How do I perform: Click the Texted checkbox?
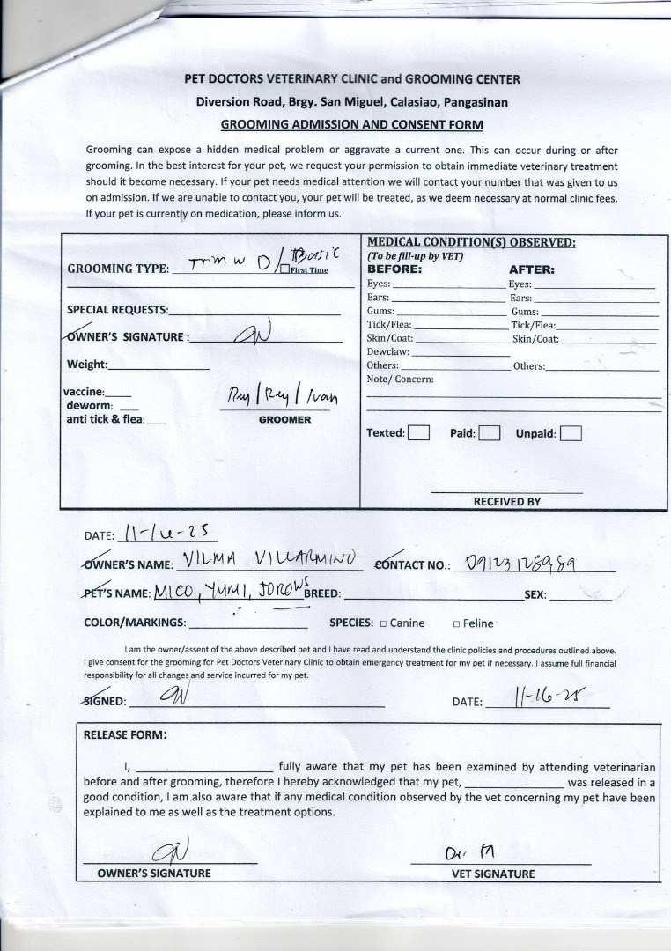419,433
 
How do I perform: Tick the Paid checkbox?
490,433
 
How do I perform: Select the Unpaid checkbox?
571,433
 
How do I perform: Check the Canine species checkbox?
383,623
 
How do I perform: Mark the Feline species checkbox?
456,623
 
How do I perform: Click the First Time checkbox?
284,269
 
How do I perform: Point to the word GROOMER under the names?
284,420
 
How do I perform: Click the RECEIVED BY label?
506,502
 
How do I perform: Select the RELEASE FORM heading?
124,734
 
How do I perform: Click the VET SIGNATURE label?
492,874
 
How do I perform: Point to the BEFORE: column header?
394,269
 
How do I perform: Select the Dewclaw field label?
384,351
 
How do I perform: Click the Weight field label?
86,365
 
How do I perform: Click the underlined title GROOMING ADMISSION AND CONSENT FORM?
351,125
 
